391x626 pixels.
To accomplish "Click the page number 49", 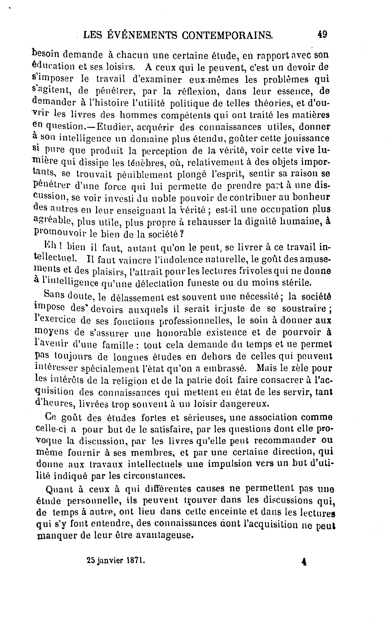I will click(x=322, y=35).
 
